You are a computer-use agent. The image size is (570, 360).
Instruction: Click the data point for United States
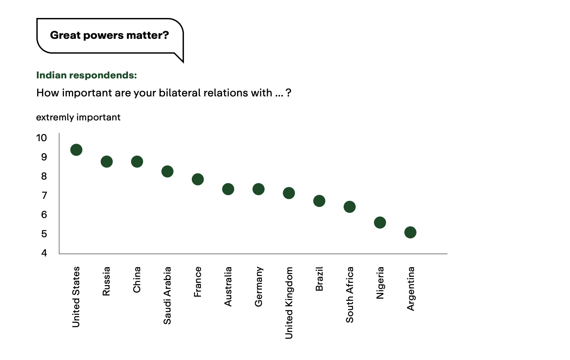pyautogui.click(x=76, y=150)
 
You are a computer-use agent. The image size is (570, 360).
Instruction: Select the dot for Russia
pyautogui.click(x=107, y=162)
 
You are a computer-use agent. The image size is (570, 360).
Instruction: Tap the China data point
pyautogui.click(x=137, y=162)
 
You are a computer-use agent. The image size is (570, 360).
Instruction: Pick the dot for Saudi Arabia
pyautogui.click(x=167, y=172)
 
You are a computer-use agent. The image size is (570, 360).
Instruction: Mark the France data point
pyautogui.click(x=198, y=179)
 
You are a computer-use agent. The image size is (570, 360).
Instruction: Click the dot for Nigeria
pyautogui.click(x=380, y=222)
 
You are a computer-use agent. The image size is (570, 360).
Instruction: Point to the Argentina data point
pyautogui.click(x=411, y=232)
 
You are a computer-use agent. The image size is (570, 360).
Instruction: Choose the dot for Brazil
pyautogui.click(x=319, y=201)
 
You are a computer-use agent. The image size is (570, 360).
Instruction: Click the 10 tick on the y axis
pyautogui.click(x=42, y=138)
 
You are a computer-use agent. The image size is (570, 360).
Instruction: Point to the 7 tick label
pyautogui.click(x=44, y=196)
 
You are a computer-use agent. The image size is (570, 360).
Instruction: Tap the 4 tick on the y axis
pyautogui.click(x=44, y=253)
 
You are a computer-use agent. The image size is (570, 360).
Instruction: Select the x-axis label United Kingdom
pyautogui.click(x=289, y=303)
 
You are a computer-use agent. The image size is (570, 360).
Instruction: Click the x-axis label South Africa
pyautogui.click(x=350, y=295)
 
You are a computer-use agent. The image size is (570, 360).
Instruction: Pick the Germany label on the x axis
pyautogui.click(x=259, y=287)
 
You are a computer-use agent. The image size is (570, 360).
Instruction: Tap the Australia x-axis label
pyautogui.click(x=228, y=287)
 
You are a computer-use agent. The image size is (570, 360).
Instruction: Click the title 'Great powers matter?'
pyautogui.click(x=110, y=35)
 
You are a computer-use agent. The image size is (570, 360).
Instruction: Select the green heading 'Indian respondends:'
pyautogui.click(x=87, y=75)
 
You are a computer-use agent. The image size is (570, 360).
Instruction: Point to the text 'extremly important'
pyautogui.click(x=78, y=117)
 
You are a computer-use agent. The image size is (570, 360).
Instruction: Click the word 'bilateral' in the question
pyautogui.click(x=180, y=93)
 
